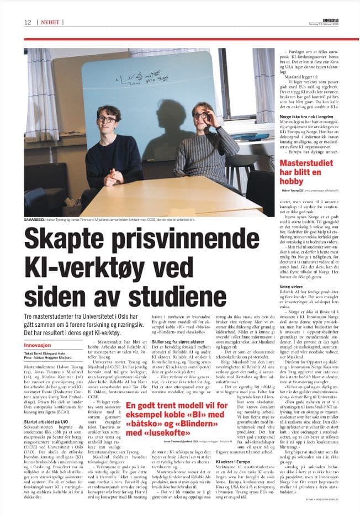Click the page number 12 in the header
27,22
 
